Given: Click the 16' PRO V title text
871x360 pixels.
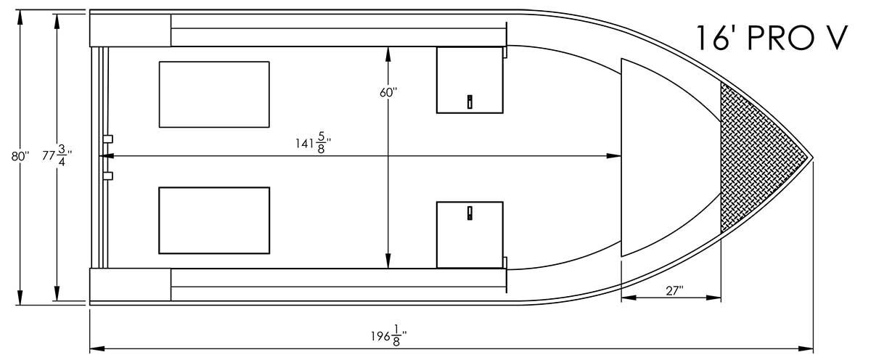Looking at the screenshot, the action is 771,38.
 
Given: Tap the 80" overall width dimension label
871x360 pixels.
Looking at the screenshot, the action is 20,156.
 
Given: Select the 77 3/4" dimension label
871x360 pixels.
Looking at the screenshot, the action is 57,155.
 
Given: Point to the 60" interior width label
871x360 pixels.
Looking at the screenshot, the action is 388,92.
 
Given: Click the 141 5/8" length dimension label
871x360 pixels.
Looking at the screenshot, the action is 313,143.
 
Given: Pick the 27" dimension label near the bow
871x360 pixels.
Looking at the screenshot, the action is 674,290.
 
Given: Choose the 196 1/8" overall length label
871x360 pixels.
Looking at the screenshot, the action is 389,336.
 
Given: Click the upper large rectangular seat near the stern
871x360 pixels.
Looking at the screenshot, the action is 214,94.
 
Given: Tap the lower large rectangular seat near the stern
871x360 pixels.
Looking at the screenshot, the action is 214,221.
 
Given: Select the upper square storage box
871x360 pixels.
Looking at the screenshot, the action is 470,80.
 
